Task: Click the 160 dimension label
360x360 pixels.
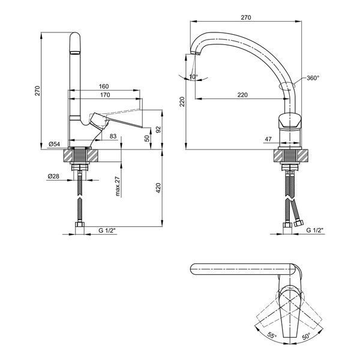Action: click(x=104, y=86)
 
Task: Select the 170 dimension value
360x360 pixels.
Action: click(x=105, y=95)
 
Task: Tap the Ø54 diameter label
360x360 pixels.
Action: click(x=55, y=144)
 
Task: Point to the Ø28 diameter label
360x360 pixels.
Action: click(x=53, y=176)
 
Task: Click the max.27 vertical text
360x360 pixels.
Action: click(x=118, y=186)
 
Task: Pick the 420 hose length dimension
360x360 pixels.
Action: click(x=158, y=188)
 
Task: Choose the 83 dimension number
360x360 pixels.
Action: click(x=113, y=136)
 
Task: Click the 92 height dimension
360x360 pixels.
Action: click(x=158, y=129)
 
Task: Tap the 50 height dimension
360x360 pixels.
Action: click(x=147, y=138)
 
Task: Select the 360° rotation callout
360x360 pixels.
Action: click(x=313, y=78)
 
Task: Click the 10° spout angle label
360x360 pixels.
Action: click(x=193, y=76)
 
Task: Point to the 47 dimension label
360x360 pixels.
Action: click(x=268, y=139)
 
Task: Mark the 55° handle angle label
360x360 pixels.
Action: click(x=272, y=335)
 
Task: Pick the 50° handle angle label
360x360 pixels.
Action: click(x=306, y=336)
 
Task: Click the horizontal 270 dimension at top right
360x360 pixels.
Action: click(x=246, y=17)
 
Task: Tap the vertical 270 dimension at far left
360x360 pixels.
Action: click(x=37, y=91)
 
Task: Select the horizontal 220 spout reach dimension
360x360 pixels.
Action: click(x=242, y=95)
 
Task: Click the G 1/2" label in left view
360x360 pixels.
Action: click(x=107, y=230)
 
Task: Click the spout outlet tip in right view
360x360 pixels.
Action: click(x=196, y=53)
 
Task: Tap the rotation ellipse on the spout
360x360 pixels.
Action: click(x=287, y=85)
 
